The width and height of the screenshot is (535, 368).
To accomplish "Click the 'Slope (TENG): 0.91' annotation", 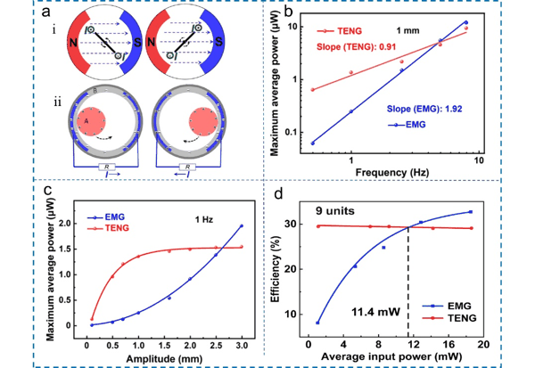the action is pos(356,46).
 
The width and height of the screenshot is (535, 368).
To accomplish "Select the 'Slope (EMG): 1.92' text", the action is pos(424,109).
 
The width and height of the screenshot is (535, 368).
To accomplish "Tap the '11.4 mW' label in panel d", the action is pos(375,311).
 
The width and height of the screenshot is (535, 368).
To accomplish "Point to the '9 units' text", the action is pos(335,211).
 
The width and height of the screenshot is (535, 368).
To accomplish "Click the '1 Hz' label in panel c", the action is pos(204,219).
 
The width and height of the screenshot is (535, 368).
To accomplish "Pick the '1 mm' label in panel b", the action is pos(407,30).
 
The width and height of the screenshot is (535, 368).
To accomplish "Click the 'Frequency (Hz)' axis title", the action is pos(392,172).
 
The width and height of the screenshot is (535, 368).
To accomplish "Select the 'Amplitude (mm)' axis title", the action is pos(164,359).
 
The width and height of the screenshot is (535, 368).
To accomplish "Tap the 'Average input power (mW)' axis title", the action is pos(391,356).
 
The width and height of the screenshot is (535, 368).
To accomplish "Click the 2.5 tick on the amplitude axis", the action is pos(215,346).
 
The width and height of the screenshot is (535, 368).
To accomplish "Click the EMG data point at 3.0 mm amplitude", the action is pos(242,225).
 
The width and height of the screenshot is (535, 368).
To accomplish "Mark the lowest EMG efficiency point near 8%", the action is pos(317,323).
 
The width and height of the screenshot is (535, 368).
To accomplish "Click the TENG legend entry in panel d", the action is pos(449,318).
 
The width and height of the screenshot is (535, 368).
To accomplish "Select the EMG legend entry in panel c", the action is pos(106,217).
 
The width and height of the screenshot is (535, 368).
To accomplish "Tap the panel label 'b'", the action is pos(288,12).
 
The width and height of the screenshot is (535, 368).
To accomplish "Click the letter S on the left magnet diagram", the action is pos(137,42).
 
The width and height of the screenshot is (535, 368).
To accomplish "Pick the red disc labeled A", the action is pos(91,121).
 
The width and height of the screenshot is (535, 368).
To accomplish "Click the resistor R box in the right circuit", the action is pos(187,167).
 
